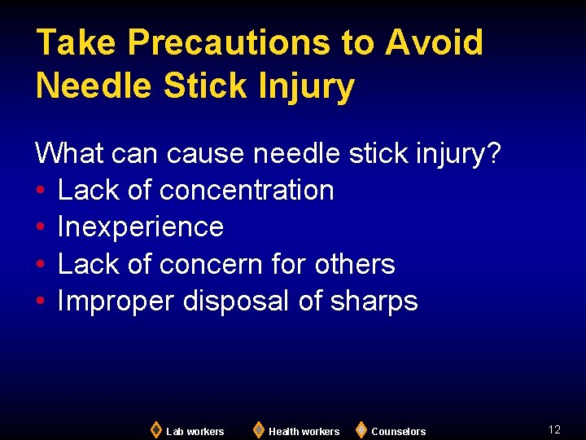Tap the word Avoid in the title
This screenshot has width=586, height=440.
434,42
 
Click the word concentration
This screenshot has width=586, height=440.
247,190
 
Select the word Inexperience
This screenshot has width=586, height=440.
141,227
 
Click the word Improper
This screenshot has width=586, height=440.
116,301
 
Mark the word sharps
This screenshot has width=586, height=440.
374,301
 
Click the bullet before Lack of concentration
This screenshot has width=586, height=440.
41,191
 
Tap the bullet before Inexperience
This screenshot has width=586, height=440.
41,227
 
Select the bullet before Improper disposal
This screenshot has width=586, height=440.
41,302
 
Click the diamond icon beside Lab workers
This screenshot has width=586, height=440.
155,429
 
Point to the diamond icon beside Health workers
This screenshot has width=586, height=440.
258,429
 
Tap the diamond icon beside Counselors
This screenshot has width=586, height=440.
361,429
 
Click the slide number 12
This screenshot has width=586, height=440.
554,429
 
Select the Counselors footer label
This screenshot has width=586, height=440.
398,431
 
